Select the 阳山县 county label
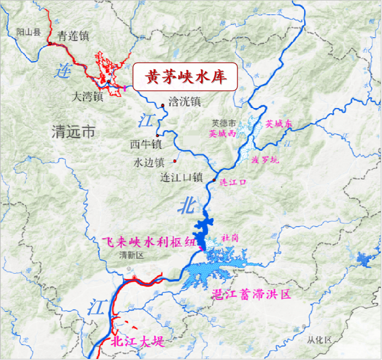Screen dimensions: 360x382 [29, 32]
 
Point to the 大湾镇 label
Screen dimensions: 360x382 [88, 97]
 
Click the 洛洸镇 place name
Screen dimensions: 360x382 [184, 101]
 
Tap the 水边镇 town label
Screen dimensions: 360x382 [149, 163]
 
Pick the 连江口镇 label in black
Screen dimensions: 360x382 [181, 178]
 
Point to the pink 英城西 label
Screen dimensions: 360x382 [222, 133]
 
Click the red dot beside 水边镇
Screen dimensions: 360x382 [175, 161]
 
